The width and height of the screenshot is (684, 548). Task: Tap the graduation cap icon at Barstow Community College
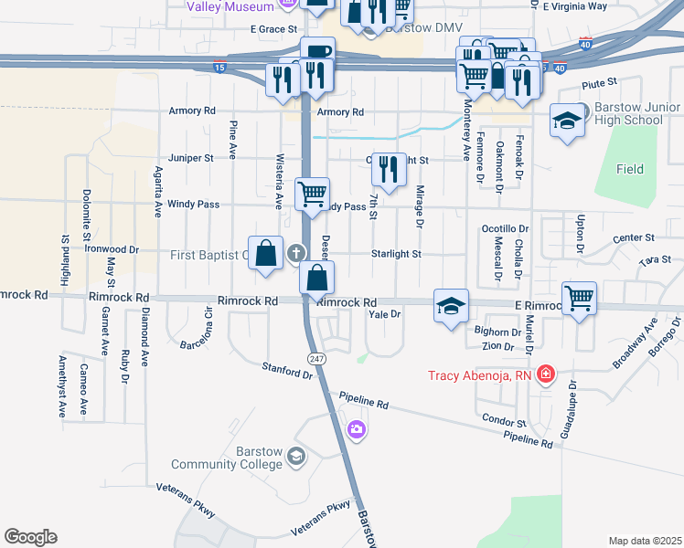coord(295,456)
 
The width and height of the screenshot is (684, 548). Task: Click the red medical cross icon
coord(546,374)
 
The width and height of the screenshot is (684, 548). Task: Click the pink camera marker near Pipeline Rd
coord(356,428)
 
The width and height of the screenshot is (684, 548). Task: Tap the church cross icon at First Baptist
coord(295,253)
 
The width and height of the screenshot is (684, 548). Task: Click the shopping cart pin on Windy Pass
coord(313,194)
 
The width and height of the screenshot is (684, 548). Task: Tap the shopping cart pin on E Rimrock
coord(579,298)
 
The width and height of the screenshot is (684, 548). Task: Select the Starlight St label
coord(396,254)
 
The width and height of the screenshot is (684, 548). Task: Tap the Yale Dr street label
coord(385,314)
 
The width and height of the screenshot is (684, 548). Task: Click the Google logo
coord(30,537)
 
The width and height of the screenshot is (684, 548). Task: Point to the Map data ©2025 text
coord(646,541)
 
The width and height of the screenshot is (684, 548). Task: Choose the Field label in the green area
coord(629,169)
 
